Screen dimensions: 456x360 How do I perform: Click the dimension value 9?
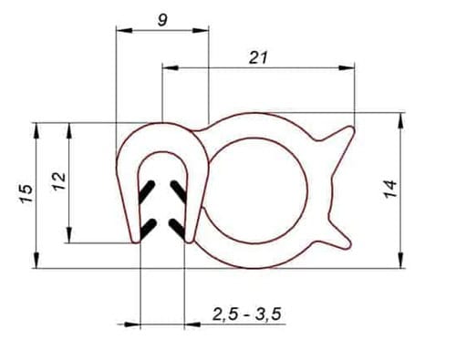point(162,20)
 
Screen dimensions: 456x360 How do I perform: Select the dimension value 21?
point(258,57)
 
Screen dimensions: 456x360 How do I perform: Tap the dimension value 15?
point(26,193)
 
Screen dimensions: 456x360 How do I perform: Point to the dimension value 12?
point(59,181)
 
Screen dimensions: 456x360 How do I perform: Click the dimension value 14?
point(390,189)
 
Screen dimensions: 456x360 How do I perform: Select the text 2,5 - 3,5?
point(247,314)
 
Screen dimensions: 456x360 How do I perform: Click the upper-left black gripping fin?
point(147,191)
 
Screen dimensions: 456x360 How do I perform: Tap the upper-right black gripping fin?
point(179,191)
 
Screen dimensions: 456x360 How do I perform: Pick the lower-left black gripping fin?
point(148,229)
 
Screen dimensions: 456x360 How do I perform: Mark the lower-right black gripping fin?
point(177,229)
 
